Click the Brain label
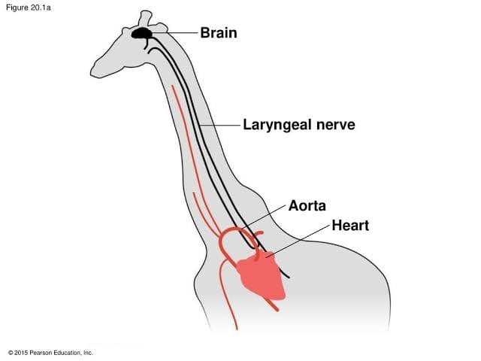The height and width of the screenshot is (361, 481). [219, 33]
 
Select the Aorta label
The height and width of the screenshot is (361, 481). [307, 205]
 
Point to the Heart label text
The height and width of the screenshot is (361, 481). [350, 226]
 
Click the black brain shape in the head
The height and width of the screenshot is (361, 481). [141, 33]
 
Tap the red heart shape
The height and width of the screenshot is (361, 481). [262, 276]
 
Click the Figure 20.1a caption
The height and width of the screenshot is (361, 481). [29, 8]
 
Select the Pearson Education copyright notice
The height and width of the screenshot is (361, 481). [50, 353]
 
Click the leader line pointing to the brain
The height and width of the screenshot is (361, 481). [175, 32]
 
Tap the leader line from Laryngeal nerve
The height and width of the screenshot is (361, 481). [219, 126]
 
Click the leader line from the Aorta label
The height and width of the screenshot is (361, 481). [263, 217]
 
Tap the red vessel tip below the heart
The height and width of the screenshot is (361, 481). [277, 310]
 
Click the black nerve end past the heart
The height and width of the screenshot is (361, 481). [289, 277]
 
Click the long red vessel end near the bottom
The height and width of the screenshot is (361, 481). [237, 329]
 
